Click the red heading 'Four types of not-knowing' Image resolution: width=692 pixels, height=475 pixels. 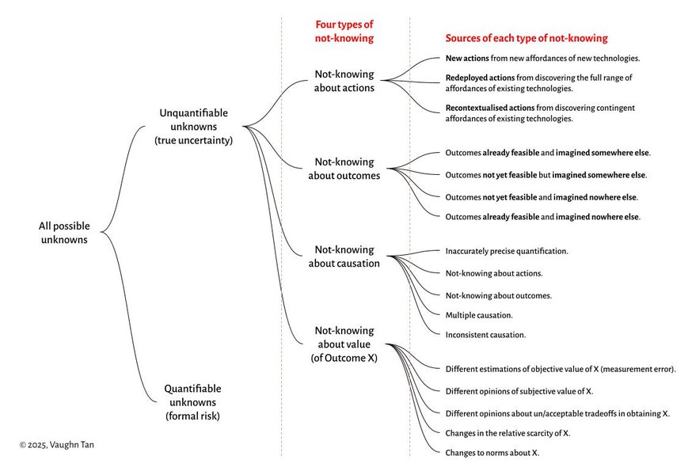pyautogui.click(x=344, y=31)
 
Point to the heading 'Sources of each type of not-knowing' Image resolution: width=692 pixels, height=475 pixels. pyautogui.click(x=527, y=38)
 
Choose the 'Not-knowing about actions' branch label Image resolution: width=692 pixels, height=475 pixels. pyautogui.click(x=344, y=81)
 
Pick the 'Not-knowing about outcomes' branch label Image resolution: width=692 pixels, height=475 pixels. pyautogui.click(x=344, y=169)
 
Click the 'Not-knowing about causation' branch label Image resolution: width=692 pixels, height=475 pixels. pyautogui.click(x=344, y=256)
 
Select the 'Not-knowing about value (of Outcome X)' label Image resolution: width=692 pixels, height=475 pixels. pyautogui.click(x=344, y=344)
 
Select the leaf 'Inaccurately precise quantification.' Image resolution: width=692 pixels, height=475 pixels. pyautogui.click(x=507, y=251)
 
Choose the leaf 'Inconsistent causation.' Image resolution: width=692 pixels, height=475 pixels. pyautogui.click(x=485, y=335)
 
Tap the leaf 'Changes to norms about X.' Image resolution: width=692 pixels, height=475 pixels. pyautogui.click(x=492, y=452)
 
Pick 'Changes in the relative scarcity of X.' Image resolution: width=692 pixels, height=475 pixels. pyautogui.click(x=508, y=433)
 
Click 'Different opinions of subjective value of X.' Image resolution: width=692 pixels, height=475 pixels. pyautogui.click(x=519, y=391)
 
